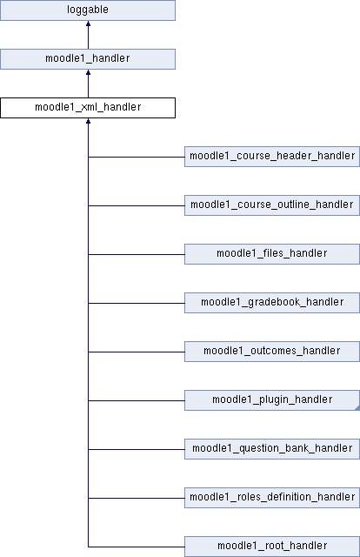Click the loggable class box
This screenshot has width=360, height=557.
coord(88,10)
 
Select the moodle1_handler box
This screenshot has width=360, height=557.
coord(88,59)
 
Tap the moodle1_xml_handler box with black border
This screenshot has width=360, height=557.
coord(88,108)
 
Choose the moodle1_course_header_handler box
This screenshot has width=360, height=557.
coord(272,157)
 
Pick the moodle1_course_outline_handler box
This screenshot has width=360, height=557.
coord(272,205)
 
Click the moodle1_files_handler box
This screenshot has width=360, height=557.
coord(272,254)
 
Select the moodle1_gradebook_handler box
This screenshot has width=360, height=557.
coord(272,303)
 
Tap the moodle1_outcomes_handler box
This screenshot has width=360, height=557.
coord(272,352)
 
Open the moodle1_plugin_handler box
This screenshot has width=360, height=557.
coord(272,400)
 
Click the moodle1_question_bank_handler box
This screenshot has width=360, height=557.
coord(272,449)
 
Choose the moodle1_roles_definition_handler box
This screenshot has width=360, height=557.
coord(272,498)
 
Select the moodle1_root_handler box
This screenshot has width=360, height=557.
coord(272,547)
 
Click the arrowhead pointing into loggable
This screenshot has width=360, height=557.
coord(88,23)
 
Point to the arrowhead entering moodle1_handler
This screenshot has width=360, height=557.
coord(88,72)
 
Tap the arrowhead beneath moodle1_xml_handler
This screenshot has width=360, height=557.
coord(88,121)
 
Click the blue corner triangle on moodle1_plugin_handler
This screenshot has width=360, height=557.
coord(357,408)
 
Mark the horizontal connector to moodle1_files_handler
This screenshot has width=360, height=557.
coord(137,254)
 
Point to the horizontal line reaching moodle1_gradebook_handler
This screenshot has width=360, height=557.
coord(137,303)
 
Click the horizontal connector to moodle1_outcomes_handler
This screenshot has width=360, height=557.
coord(137,352)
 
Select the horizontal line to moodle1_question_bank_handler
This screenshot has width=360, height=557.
coord(137,449)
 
